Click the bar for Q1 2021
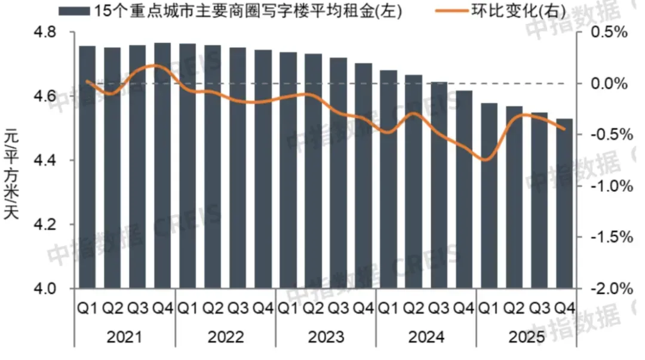(87, 167)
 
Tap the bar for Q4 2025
(564, 204)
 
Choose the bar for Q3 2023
(339, 173)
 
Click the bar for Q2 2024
(414, 181)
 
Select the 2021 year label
(125, 338)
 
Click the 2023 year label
(326, 338)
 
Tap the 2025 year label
(527, 338)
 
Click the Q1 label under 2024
(389, 308)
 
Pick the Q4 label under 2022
(263, 308)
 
